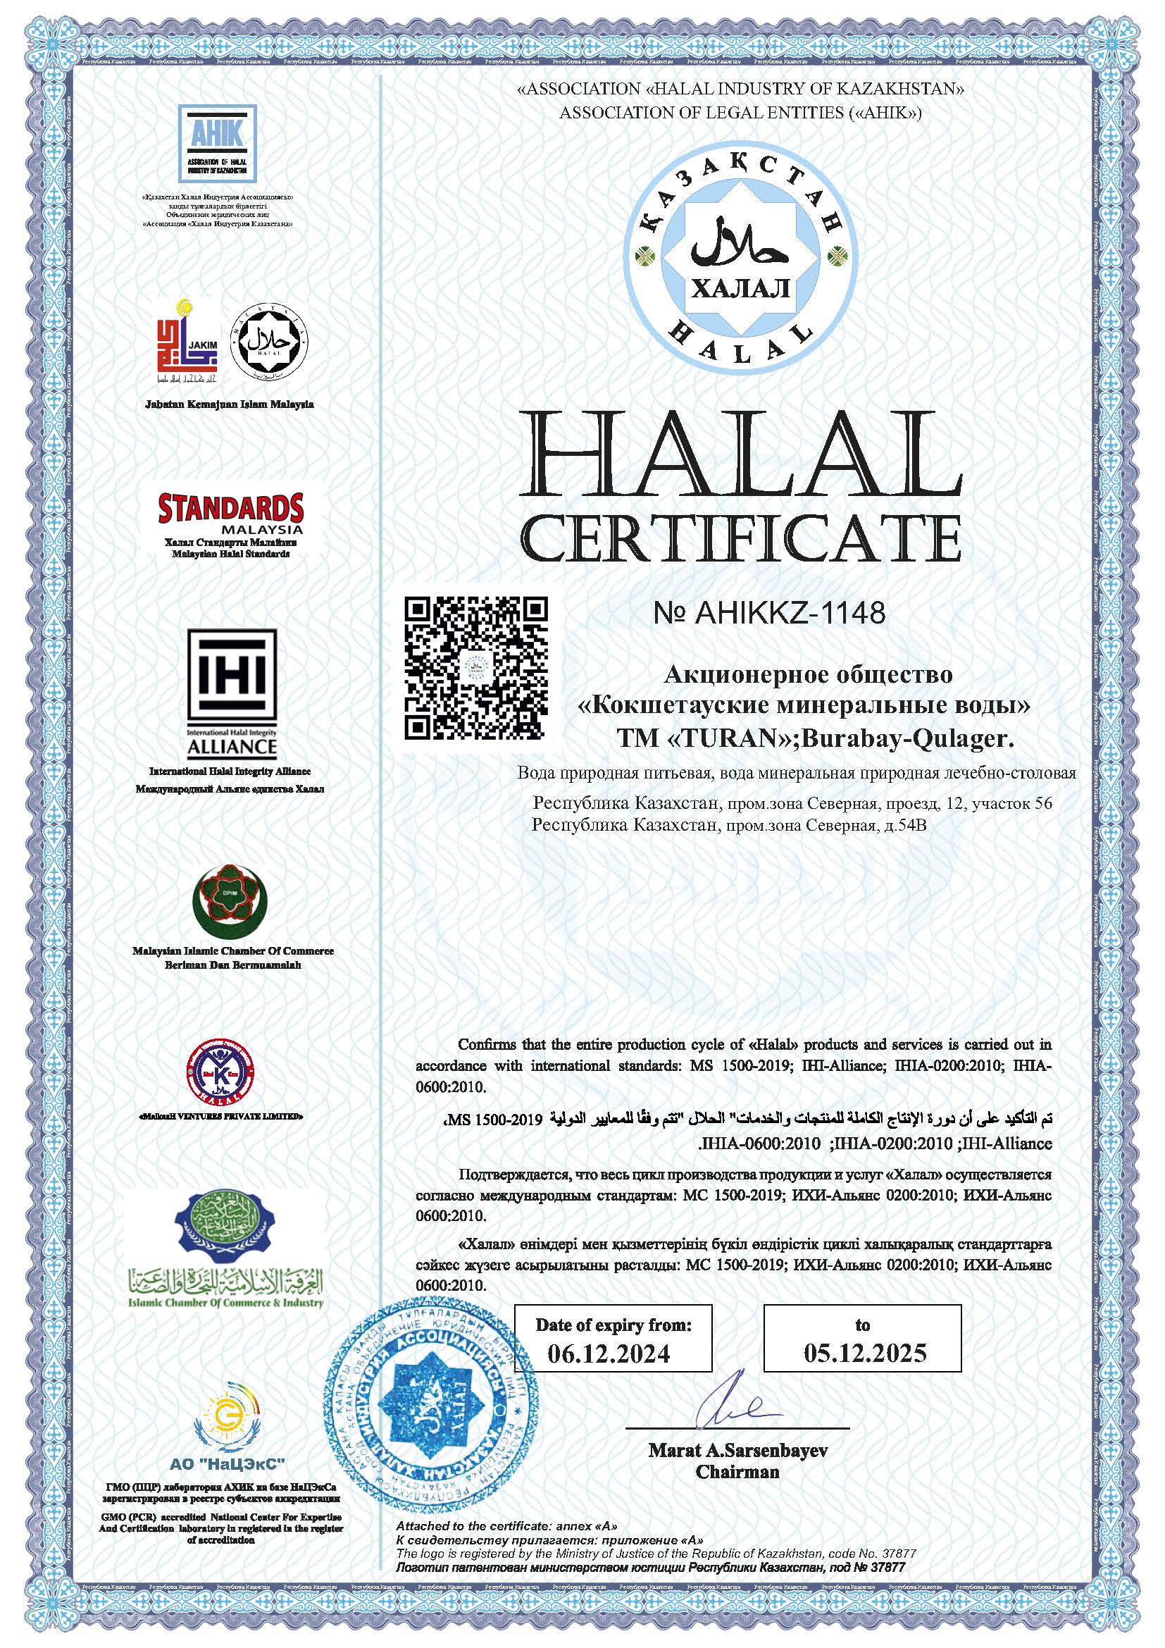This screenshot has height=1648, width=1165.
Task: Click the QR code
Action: pos(475,668)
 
